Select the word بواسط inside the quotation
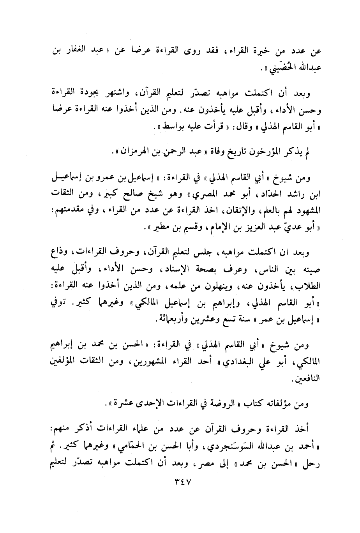pos(167,126)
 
